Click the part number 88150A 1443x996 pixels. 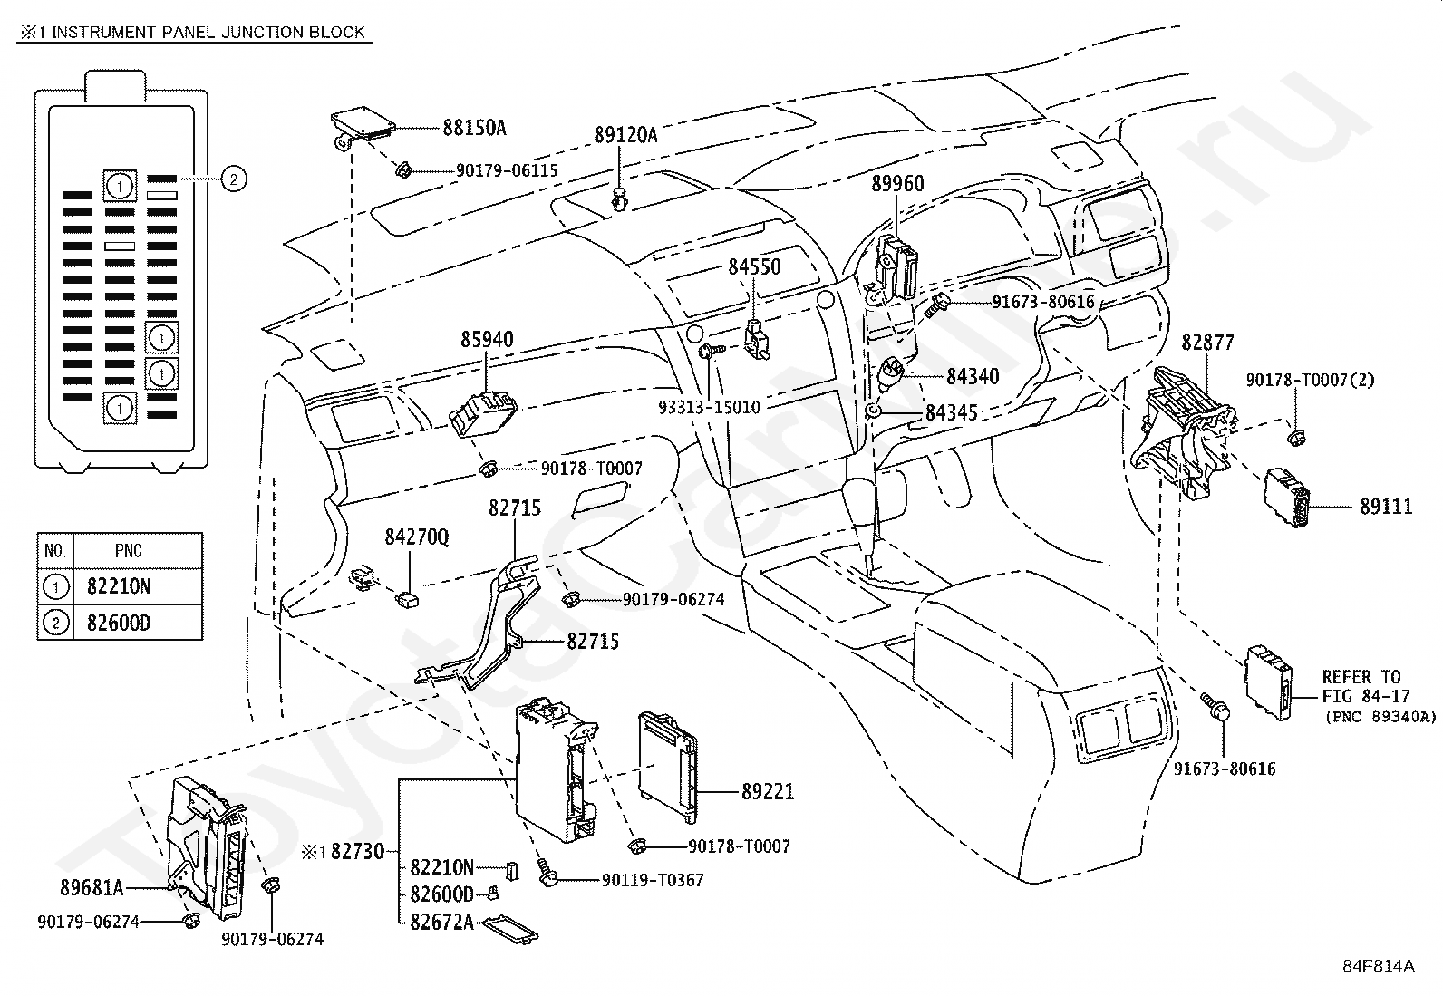point(474,128)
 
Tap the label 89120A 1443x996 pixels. point(625,135)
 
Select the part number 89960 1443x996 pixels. point(897,184)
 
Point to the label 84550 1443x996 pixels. point(754,266)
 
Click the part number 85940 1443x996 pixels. point(487,340)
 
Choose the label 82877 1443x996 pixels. point(1207,343)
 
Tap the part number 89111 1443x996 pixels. point(1386,507)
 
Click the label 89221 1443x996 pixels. point(768,791)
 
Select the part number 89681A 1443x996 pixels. point(92,888)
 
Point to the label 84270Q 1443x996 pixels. point(417,537)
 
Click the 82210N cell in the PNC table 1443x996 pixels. point(119,586)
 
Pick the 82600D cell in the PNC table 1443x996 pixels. point(119,623)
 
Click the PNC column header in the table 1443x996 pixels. point(128,551)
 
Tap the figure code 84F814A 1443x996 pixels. point(1379,966)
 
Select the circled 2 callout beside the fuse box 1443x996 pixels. point(234,179)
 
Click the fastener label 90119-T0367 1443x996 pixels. point(653,880)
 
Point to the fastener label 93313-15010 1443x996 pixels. point(709,407)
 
